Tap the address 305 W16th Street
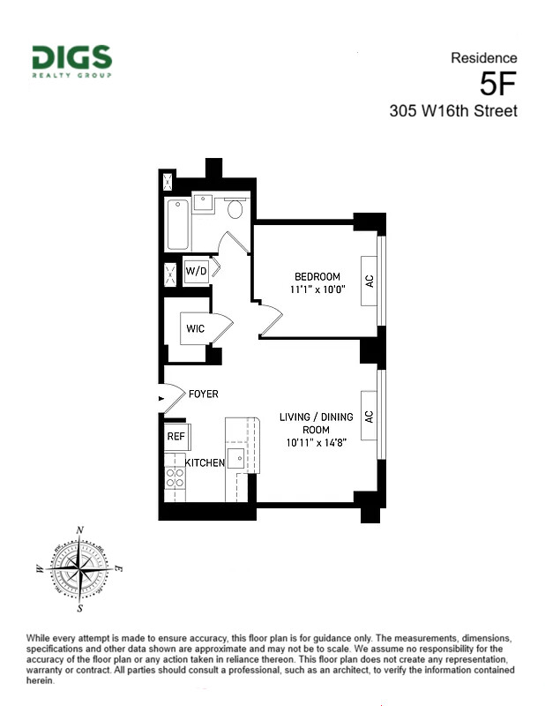(453, 111)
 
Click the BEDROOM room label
(317, 276)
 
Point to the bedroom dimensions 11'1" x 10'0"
(317, 289)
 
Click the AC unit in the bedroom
(370, 282)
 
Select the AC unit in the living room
(370, 416)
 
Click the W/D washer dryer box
(195, 271)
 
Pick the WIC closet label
(195, 329)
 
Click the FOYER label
(203, 394)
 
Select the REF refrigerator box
(175, 436)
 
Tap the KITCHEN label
(205, 462)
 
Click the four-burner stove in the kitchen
(175, 477)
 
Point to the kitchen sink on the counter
(236, 460)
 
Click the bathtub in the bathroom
(177, 223)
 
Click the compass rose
(81, 570)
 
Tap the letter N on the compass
(81, 530)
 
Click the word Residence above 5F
(484, 58)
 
